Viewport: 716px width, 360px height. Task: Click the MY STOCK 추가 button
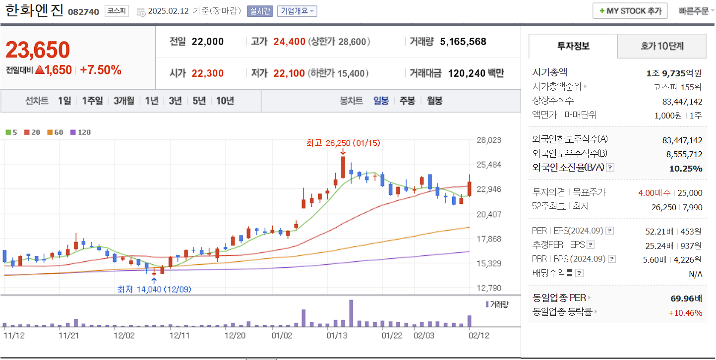point(630,11)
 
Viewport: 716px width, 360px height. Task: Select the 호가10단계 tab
point(661,46)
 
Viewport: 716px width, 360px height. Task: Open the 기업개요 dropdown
point(297,11)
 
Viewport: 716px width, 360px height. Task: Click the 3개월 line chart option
point(123,101)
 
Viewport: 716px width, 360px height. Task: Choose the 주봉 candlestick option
point(407,101)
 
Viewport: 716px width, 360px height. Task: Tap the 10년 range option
point(225,101)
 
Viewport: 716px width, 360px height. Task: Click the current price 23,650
point(38,50)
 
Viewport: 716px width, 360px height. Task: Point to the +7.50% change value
point(100,70)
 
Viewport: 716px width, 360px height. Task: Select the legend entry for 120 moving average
point(81,132)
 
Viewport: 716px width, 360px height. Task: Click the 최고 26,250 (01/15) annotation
point(343,143)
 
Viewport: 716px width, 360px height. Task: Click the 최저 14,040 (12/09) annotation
point(154,289)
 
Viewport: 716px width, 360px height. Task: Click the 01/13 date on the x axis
point(336,335)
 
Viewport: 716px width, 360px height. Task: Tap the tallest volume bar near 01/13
point(351,313)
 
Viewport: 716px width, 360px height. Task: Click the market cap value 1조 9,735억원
point(674,73)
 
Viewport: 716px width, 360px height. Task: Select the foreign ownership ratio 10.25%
point(685,168)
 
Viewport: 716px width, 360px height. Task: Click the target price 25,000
point(690,193)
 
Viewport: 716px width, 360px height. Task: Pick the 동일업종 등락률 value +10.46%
point(685,312)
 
